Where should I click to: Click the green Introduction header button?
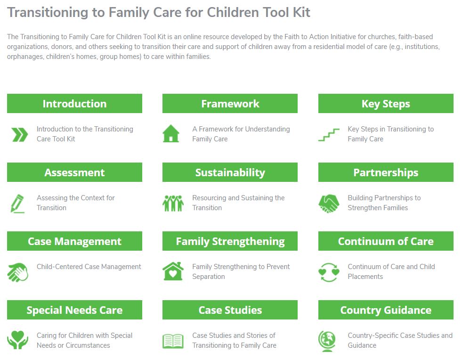coord(74,104)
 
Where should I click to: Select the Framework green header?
coord(230,104)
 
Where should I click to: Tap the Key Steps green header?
coord(386,104)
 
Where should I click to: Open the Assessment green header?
coord(74,172)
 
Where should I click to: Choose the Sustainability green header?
coord(230,172)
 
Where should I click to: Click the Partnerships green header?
coord(386,172)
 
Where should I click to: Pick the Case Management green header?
coord(74,241)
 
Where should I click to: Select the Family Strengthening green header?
coord(230,241)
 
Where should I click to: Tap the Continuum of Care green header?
coord(386,241)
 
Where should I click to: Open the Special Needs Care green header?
coord(74,310)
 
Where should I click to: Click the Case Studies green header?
coord(230,310)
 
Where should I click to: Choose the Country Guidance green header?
coord(386,310)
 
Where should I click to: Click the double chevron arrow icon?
coord(20,135)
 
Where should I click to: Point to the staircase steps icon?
coord(329,135)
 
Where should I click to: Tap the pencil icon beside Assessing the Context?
coord(17,204)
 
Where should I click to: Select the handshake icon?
coord(329,204)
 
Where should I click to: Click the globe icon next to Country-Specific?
coord(327,341)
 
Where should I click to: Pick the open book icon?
coord(173,341)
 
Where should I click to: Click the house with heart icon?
coord(173,271)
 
